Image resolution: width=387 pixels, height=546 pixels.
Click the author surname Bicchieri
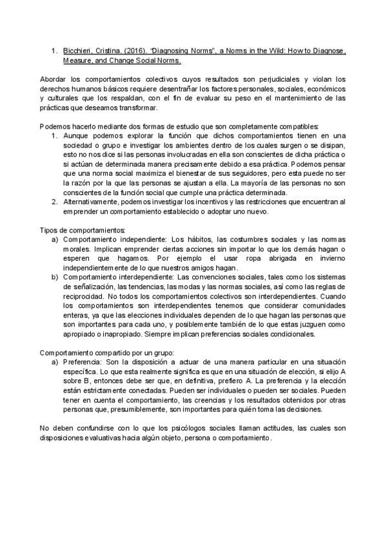click(77, 50)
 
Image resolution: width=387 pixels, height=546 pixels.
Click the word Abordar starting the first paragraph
click(54, 79)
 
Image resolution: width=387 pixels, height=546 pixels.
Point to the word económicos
click(327, 88)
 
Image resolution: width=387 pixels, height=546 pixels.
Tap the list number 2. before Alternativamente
click(55, 202)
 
